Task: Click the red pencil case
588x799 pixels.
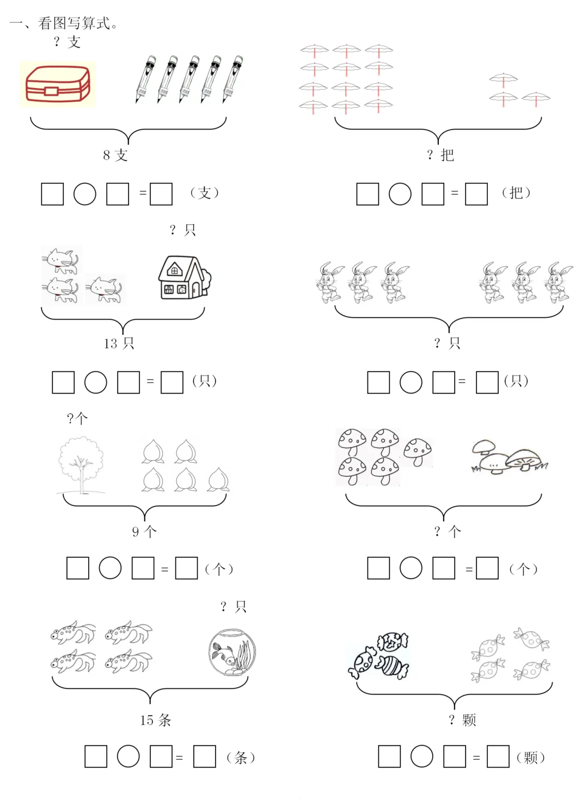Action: (x=58, y=84)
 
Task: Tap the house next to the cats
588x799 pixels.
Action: (x=185, y=277)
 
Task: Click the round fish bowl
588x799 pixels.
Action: (x=232, y=652)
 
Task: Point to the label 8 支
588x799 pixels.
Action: (x=115, y=155)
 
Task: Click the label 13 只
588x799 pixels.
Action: (x=119, y=343)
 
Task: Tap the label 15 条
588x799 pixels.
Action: (x=156, y=720)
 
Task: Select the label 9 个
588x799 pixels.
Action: (x=144, y=531)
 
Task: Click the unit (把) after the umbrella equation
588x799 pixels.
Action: (x=516, y=193)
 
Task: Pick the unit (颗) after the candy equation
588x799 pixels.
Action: (x=530, y=757)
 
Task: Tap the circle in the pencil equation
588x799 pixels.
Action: (x=84, y=194)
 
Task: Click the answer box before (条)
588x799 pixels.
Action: (x=205, y=756)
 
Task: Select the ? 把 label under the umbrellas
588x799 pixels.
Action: (x=440, y=155)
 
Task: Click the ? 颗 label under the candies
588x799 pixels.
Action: (x=462, y=720)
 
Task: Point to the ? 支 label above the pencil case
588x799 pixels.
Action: (x=67, y=42)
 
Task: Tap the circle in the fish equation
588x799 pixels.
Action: (x=128, y=756)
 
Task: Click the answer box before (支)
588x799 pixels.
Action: (x=161, y=194)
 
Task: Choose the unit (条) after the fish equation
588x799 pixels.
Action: (x=241, y=757)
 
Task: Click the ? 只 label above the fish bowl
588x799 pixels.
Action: (x=234, y=606)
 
